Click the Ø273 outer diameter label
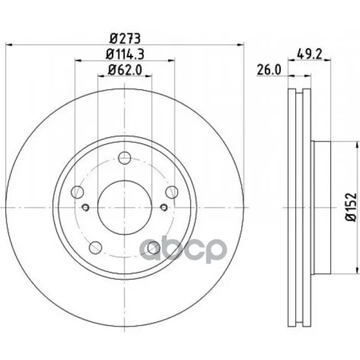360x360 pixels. click(125, 38)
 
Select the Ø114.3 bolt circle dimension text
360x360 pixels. click(125, 55)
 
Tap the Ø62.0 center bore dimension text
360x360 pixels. click(125, 70)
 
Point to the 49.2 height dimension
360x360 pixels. click(310, 54)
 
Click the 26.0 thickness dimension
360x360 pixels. click(269, 70)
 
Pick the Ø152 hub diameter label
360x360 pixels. click(351, 208)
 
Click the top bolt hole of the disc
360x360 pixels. click(125, 158)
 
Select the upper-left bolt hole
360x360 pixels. click(77, 192)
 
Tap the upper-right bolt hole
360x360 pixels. click(172, 192)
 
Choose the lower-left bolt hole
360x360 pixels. click(95, 247)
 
